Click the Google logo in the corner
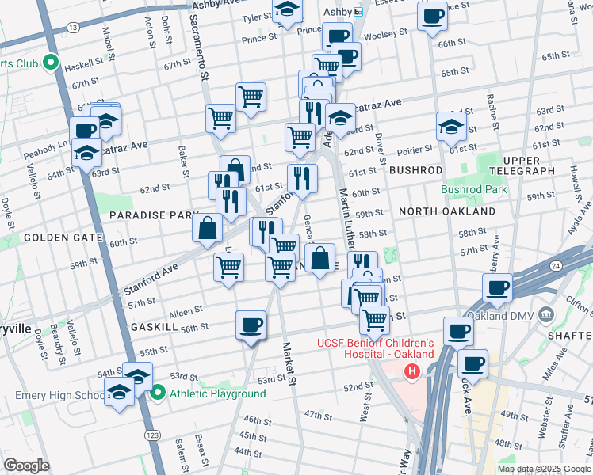tap(27, 465)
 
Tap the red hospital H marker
tap(411, 371)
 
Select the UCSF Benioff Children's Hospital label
tap(376, 348)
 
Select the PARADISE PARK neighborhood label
tap(152, 215)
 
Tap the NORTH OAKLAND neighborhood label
tap(446, 211)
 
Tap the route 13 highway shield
tap(73, 28)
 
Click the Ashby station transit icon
tap(358, 12)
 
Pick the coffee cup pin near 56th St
tap(251, 325)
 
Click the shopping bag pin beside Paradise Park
tap(207, 228)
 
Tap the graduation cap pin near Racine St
tap(451, 125)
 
